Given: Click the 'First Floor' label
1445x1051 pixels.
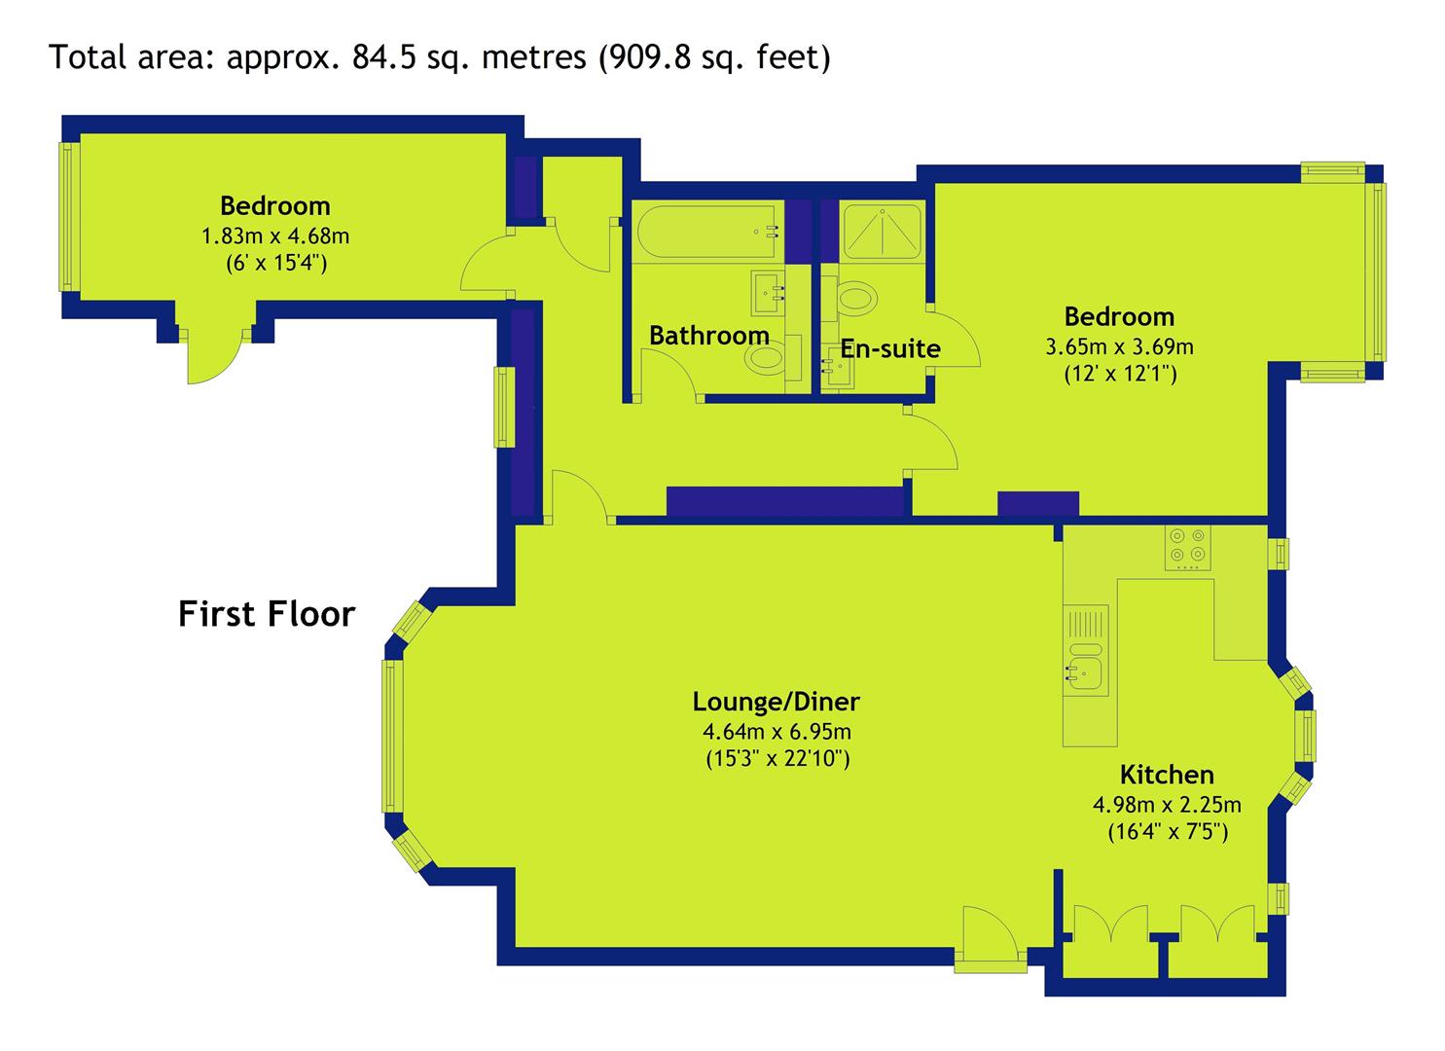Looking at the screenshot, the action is (x=267, y=614).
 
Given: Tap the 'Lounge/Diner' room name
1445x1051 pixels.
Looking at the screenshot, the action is (x=777, y=702).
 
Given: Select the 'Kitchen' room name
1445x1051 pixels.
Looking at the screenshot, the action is (x=1167, y=775).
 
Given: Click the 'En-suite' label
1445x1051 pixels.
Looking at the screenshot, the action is (x=890, y=348).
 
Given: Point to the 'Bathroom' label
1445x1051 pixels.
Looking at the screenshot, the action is (x=709, y=336).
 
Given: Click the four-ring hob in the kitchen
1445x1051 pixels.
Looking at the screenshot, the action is (x=1187, y=548).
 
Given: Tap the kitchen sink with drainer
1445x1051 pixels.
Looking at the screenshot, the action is (x=1086, y=650).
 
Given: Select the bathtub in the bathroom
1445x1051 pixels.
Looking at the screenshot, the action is (x=707, y=232).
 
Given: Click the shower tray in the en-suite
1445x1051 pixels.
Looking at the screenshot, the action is (x=883, y=232).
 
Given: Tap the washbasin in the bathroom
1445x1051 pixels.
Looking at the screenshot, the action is (x=768, y=292).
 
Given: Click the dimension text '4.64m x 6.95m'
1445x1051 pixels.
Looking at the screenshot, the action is (x=777, y=732).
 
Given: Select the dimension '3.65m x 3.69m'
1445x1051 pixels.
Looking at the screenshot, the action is (x=1119, y=347).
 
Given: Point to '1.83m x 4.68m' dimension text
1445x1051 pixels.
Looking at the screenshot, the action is (x=275, y=236).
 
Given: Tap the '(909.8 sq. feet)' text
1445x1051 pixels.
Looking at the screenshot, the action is (x=715, y=58).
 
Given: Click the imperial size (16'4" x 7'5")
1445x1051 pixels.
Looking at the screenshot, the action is (x=1168, y=832).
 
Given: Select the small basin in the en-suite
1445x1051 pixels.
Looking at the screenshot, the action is (x=838, y=370).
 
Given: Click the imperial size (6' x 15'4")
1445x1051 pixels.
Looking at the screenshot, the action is (x=276, y=263).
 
